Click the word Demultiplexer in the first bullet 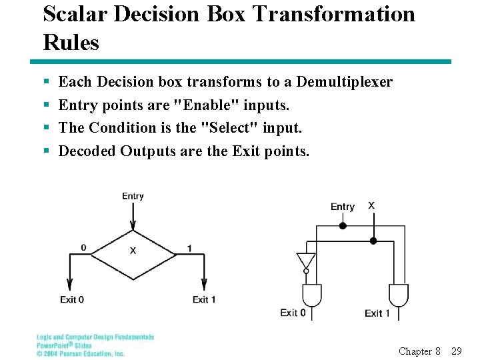tap(344, 82)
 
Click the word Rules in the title tap(71, 43)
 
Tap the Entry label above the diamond tap(133, 196)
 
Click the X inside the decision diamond tap(133, 251)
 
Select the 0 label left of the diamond tap(83, 248)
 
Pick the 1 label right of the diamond tap(189, 249)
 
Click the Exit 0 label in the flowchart tap(72, 299)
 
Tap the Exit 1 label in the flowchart tap(204, 299)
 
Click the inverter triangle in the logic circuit tap(306, 259)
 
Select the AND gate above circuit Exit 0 tap(312, 294)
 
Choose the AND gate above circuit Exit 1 tap(398, 294)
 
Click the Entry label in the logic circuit tap(343, 207)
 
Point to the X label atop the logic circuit tap(371, 205)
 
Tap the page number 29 tap(457, 351)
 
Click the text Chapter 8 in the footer tap(419, 351)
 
